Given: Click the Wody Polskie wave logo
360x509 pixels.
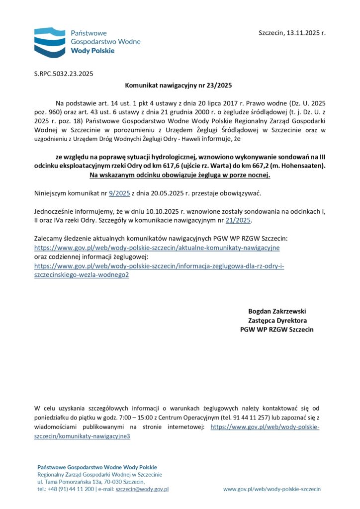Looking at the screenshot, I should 49,43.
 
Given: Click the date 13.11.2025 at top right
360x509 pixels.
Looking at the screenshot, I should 303,33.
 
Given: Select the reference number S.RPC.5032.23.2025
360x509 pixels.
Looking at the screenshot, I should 63,74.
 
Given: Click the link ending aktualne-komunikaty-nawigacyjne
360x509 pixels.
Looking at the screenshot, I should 157,248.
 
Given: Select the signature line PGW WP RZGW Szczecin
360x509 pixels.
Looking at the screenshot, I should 277,330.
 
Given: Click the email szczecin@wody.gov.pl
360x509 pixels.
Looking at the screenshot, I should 142,489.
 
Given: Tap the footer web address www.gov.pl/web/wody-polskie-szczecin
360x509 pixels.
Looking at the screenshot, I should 271,489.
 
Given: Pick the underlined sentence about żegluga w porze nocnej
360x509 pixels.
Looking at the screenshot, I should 180,175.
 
